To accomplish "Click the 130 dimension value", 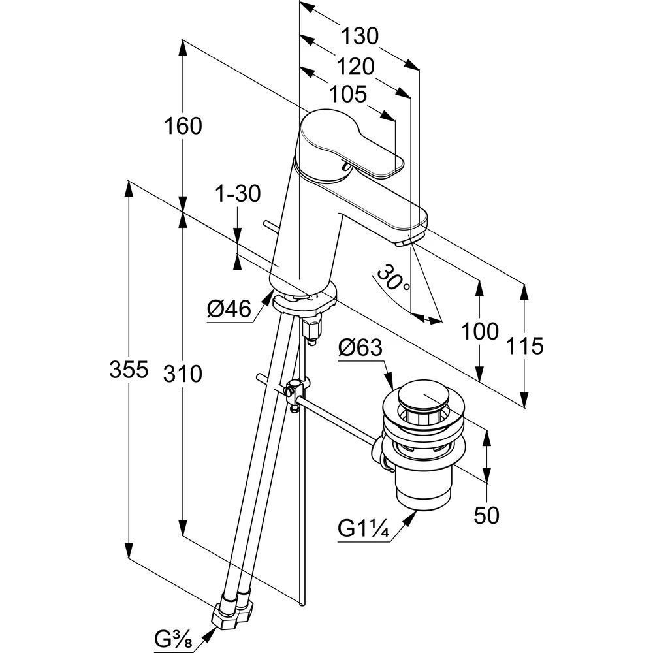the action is (x=360, y=36).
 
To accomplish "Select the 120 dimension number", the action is (x=356, y=67).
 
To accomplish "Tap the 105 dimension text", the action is (x=348, y=94).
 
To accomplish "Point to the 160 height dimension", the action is (x=183, y=126).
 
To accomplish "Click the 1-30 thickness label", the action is (x=238, y=194).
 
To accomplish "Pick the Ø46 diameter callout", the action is (x=229, y=309).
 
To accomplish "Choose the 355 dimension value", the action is (x=129, y=370).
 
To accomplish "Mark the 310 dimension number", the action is (x=183, y=374).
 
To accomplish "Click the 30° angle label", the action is (x=394, y=278).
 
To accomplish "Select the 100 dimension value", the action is (x=480, y=332).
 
